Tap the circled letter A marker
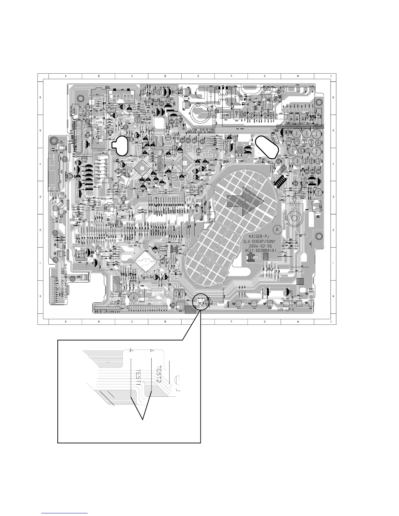click(278, 229)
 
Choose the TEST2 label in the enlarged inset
click(158, 373)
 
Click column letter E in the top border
click(198, 76)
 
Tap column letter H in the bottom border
click(298, 322)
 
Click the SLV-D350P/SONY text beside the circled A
click(260, 241)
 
